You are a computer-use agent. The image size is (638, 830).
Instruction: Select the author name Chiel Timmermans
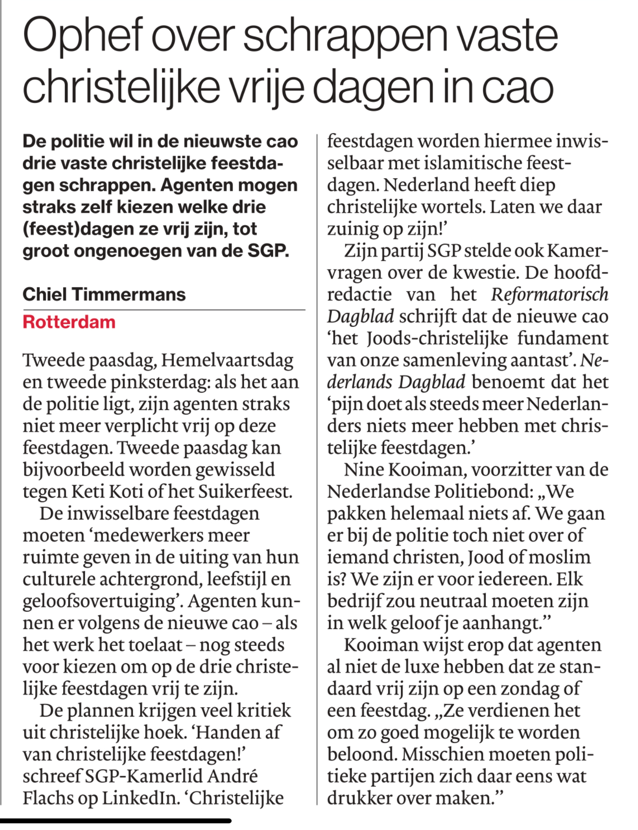coord(104,294)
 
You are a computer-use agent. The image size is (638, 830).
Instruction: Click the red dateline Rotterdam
coord(69,322)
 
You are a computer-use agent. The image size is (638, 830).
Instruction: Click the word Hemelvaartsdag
coord(227,360)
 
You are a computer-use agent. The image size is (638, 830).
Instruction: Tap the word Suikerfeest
coord(245,492)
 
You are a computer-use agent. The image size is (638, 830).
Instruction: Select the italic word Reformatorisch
coord(550,295)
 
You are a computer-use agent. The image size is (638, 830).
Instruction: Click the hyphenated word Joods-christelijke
coord(437,338)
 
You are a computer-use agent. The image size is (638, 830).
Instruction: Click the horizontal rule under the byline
coord(164,310)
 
